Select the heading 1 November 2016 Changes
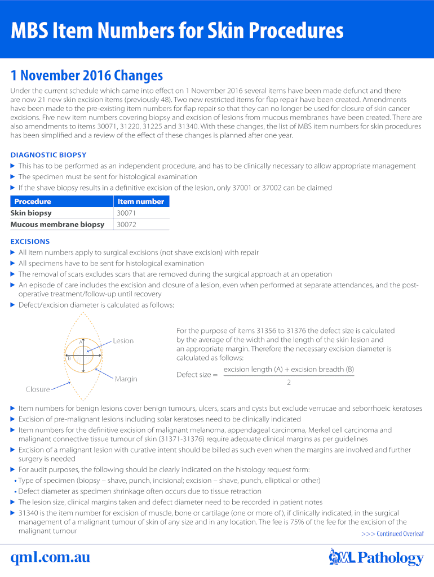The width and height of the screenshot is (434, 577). click(87, 76)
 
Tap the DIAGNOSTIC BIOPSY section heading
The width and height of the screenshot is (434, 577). click(48, 155)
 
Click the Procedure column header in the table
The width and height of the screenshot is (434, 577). click(33, 201)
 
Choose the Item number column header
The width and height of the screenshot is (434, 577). click(140, 201)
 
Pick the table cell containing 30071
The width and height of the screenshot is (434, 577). click(126, 213)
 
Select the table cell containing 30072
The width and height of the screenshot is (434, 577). click(126, 224)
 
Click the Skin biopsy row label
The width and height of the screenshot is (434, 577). click(31, 213)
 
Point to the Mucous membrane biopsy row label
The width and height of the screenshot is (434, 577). click(57, 224)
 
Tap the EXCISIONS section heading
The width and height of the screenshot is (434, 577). click(30, 242)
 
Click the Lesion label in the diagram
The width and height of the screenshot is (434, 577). click(123, 341)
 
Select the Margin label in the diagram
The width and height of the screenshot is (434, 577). click(126, 379)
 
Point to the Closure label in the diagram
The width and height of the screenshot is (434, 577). click(37, 389)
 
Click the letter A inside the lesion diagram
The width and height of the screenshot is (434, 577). click(81, 343)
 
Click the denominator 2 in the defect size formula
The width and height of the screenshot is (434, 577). click(289, 382)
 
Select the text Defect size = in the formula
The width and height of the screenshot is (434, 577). click(197, 375)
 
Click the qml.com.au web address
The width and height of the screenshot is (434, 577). click(50, 557)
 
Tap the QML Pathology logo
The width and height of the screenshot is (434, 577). click(376, 557)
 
